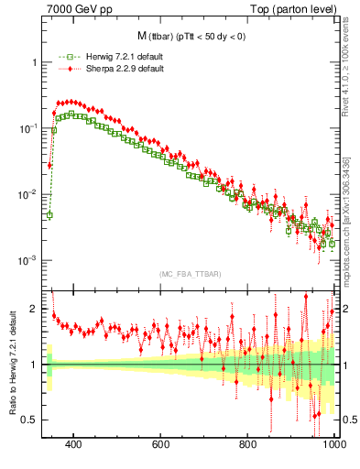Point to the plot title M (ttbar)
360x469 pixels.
tap(191, 37)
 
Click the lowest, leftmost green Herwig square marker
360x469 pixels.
tap(49, 215)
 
